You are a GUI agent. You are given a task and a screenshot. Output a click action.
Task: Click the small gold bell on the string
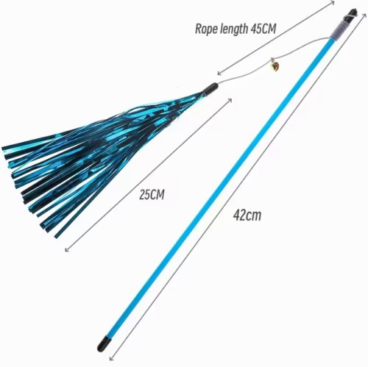pos(276,65)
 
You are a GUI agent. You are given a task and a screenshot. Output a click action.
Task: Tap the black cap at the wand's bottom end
pos(103,343)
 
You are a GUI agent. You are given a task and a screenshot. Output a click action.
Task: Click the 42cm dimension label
pos(247,215)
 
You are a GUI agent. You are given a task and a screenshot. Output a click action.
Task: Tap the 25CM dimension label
pos(152,195)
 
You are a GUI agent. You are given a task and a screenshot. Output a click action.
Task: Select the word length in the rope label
pos(234,29)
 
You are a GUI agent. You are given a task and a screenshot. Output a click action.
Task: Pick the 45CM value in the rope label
pos(263,29)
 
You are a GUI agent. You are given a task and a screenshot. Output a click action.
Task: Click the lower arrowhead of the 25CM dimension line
pos(67,249)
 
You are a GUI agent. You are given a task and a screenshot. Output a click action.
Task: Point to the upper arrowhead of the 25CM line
pos(230,100)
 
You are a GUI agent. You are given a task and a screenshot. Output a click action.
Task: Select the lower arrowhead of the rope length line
pos(219,73)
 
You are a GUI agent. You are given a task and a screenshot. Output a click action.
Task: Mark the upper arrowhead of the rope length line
pos(332,2)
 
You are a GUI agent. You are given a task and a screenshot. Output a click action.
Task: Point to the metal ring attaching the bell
pos(273,60)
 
